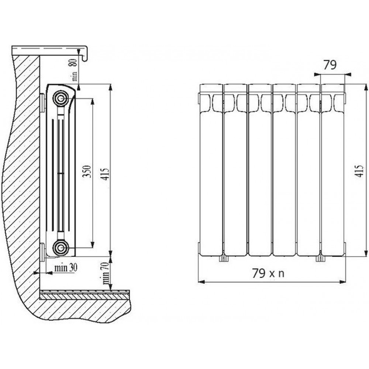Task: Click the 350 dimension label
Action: click(87, 172)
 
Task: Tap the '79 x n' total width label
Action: click(268, 273)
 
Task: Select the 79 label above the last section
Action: click(330, 65)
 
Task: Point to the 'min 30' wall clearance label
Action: click(66, 268)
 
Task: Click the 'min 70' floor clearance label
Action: click(106, 273)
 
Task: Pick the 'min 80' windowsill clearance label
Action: click(74, 70)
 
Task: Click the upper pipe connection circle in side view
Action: click(61, 98)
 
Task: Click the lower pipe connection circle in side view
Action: click(61, 248)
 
